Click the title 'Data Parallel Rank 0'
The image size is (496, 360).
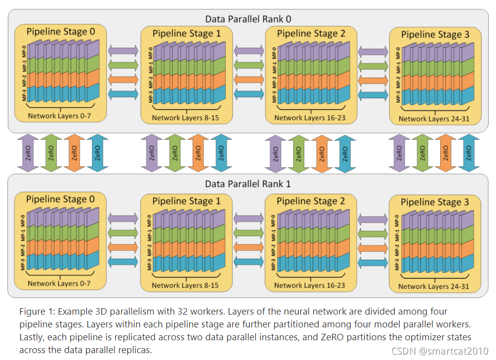pyautogui.click(x=248, y=19)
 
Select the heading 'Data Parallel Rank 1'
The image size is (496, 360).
pyautogui.click(x=248, y=184)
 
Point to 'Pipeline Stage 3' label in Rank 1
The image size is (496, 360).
pyautogui.click(x=434, y=202)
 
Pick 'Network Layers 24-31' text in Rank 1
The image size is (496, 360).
pyautogui.click(x=434, y=286)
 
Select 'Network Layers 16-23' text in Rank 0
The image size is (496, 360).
pyautogui.click(x=309, y=118)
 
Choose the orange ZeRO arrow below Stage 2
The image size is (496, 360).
pyautogui.click(x=322, y=153)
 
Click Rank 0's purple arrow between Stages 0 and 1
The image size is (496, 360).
pyautogui.click(x=123, y=50)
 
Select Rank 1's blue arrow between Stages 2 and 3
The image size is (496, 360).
pyautogui.click(x=373, y=261)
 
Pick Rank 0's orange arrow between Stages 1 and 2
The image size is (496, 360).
pyautogui.click(x=249, y=80)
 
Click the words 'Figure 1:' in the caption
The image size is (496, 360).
pyautogui.click(x=38, y=312)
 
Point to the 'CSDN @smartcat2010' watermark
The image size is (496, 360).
pyautogui.click(x=439, y=351)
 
